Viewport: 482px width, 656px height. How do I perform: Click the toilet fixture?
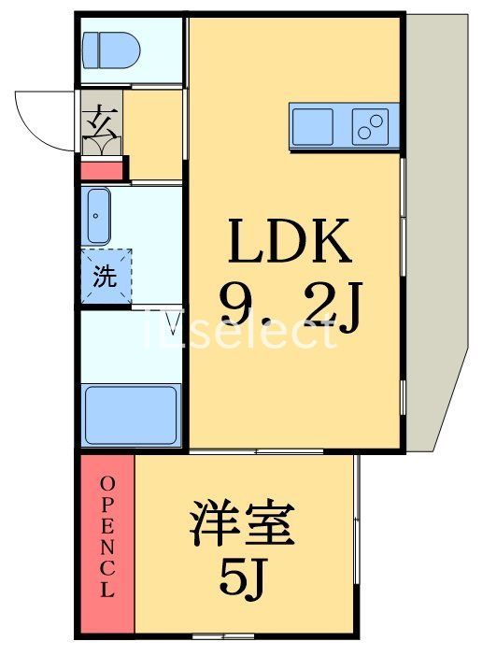pos(110,49)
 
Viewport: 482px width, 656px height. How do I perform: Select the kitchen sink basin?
pos(312,125)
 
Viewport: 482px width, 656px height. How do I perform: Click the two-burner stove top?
pos(370,126)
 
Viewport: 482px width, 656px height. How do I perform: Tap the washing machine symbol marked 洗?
pos(105,277)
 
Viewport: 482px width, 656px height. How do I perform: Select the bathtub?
pos(131,414)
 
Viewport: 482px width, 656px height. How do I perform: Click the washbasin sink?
pos(98,216)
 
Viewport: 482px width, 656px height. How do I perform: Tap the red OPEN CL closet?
pos(106,542)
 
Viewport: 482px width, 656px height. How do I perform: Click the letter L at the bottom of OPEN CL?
pos(106,591)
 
